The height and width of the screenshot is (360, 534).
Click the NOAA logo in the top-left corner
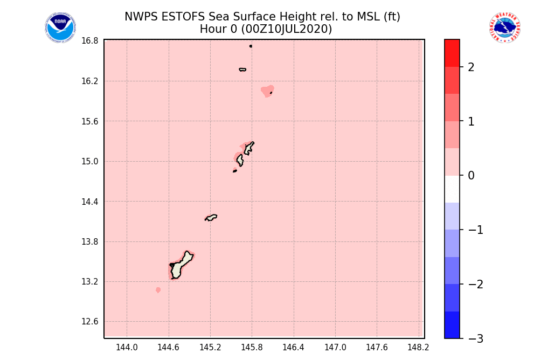tap(60, 28)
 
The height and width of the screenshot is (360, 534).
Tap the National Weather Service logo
tap(505, 28)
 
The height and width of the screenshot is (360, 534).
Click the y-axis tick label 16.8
tap(90, 41)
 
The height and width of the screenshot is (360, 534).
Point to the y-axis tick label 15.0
tap(90, 162)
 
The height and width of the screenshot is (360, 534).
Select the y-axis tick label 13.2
tap(90, 282)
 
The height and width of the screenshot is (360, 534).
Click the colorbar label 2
tap(471, 67)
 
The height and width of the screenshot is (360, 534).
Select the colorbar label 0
tap(471, 176)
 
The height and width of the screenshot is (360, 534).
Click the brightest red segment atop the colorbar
tap(452, 53)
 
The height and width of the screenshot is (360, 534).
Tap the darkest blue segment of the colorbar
tap(452, 325)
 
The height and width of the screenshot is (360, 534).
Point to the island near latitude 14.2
tap(211, 217)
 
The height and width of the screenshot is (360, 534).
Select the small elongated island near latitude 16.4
tap(242, 70)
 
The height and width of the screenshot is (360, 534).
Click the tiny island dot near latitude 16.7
tap(251, 46)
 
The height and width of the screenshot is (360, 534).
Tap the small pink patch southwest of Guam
tap(158, 290)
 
